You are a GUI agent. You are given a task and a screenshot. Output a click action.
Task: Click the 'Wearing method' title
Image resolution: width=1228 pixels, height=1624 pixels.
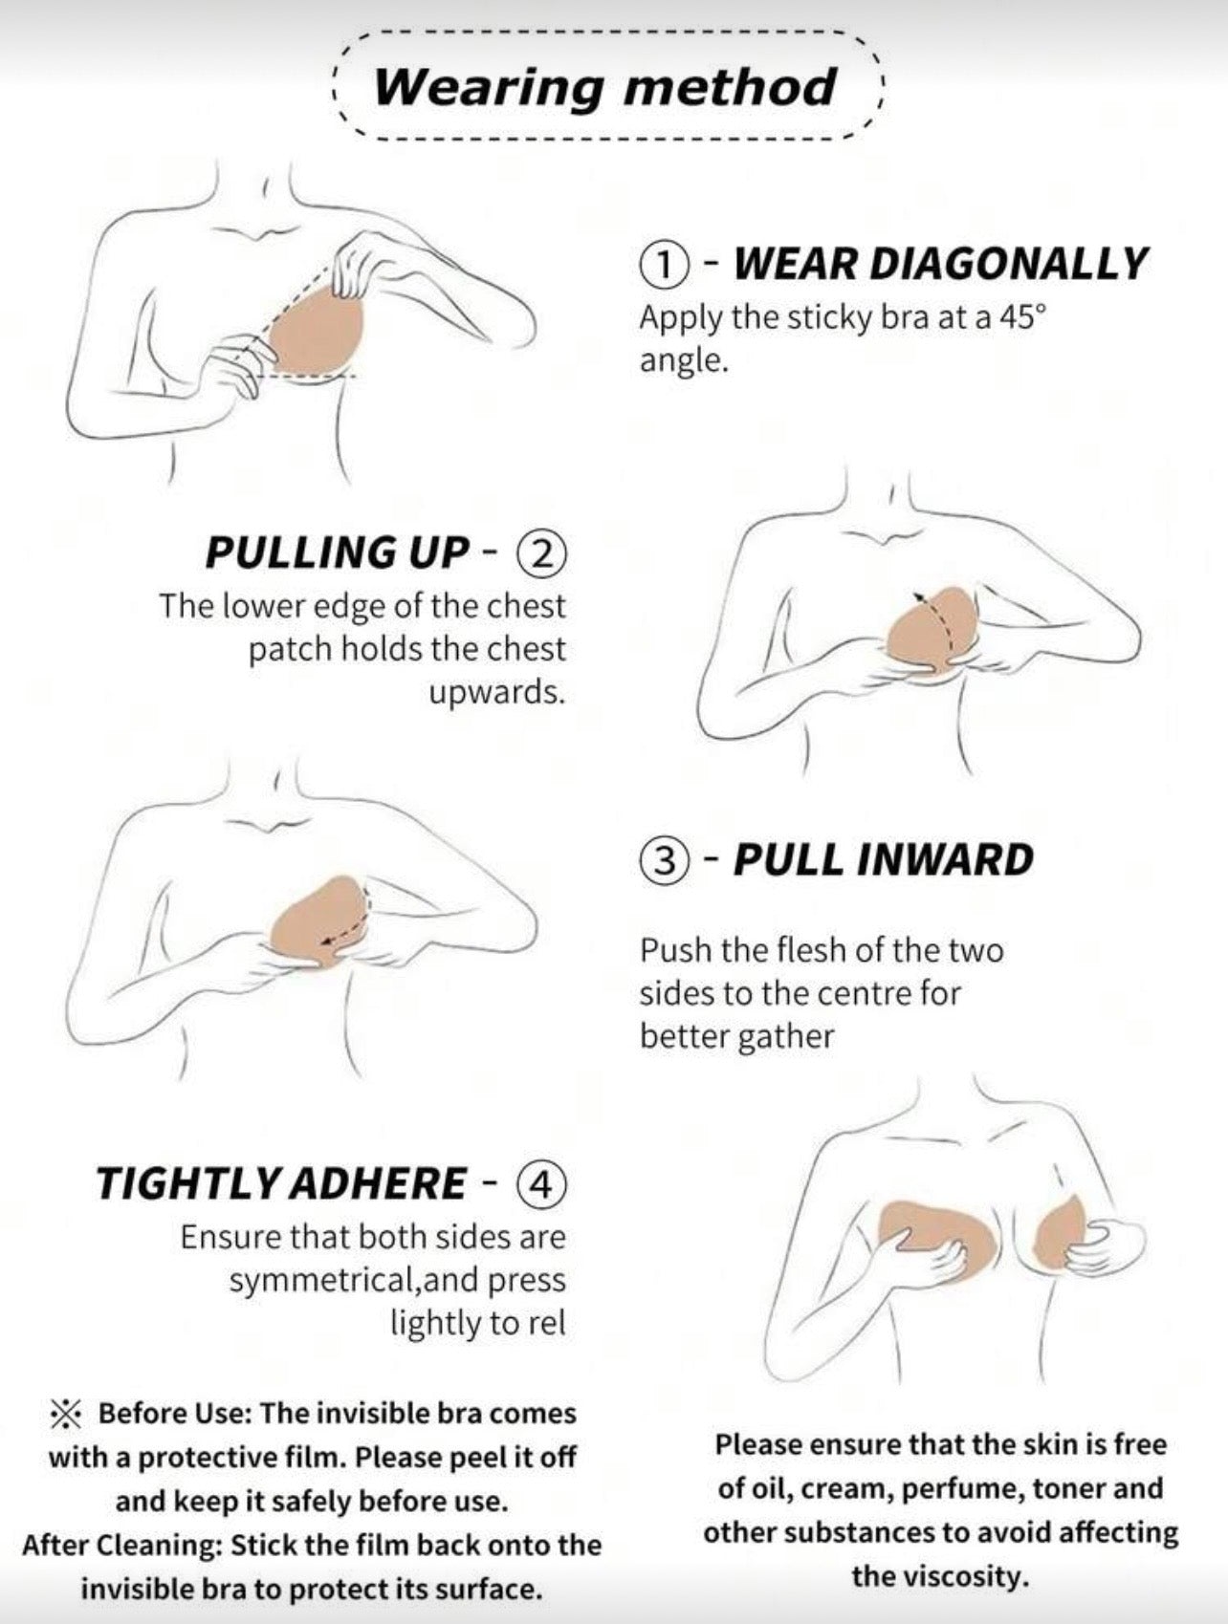604,87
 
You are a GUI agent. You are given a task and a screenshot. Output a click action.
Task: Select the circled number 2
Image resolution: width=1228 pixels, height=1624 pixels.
541,553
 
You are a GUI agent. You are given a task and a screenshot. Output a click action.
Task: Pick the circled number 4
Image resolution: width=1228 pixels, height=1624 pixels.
541,1183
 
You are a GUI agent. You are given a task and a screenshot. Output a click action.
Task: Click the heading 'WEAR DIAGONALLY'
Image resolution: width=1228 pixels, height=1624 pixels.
940,264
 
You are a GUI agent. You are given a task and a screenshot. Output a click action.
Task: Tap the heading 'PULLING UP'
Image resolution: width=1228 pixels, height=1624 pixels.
338,552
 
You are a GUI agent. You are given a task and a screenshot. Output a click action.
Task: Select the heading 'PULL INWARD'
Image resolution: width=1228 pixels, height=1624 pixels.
884,859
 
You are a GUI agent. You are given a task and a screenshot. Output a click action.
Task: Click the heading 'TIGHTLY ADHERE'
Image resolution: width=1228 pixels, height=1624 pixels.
280,1183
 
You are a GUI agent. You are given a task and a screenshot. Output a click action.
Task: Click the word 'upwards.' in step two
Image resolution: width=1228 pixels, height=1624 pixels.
496,692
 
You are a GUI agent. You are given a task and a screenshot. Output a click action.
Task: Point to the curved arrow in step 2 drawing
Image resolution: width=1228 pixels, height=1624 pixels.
939,625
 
